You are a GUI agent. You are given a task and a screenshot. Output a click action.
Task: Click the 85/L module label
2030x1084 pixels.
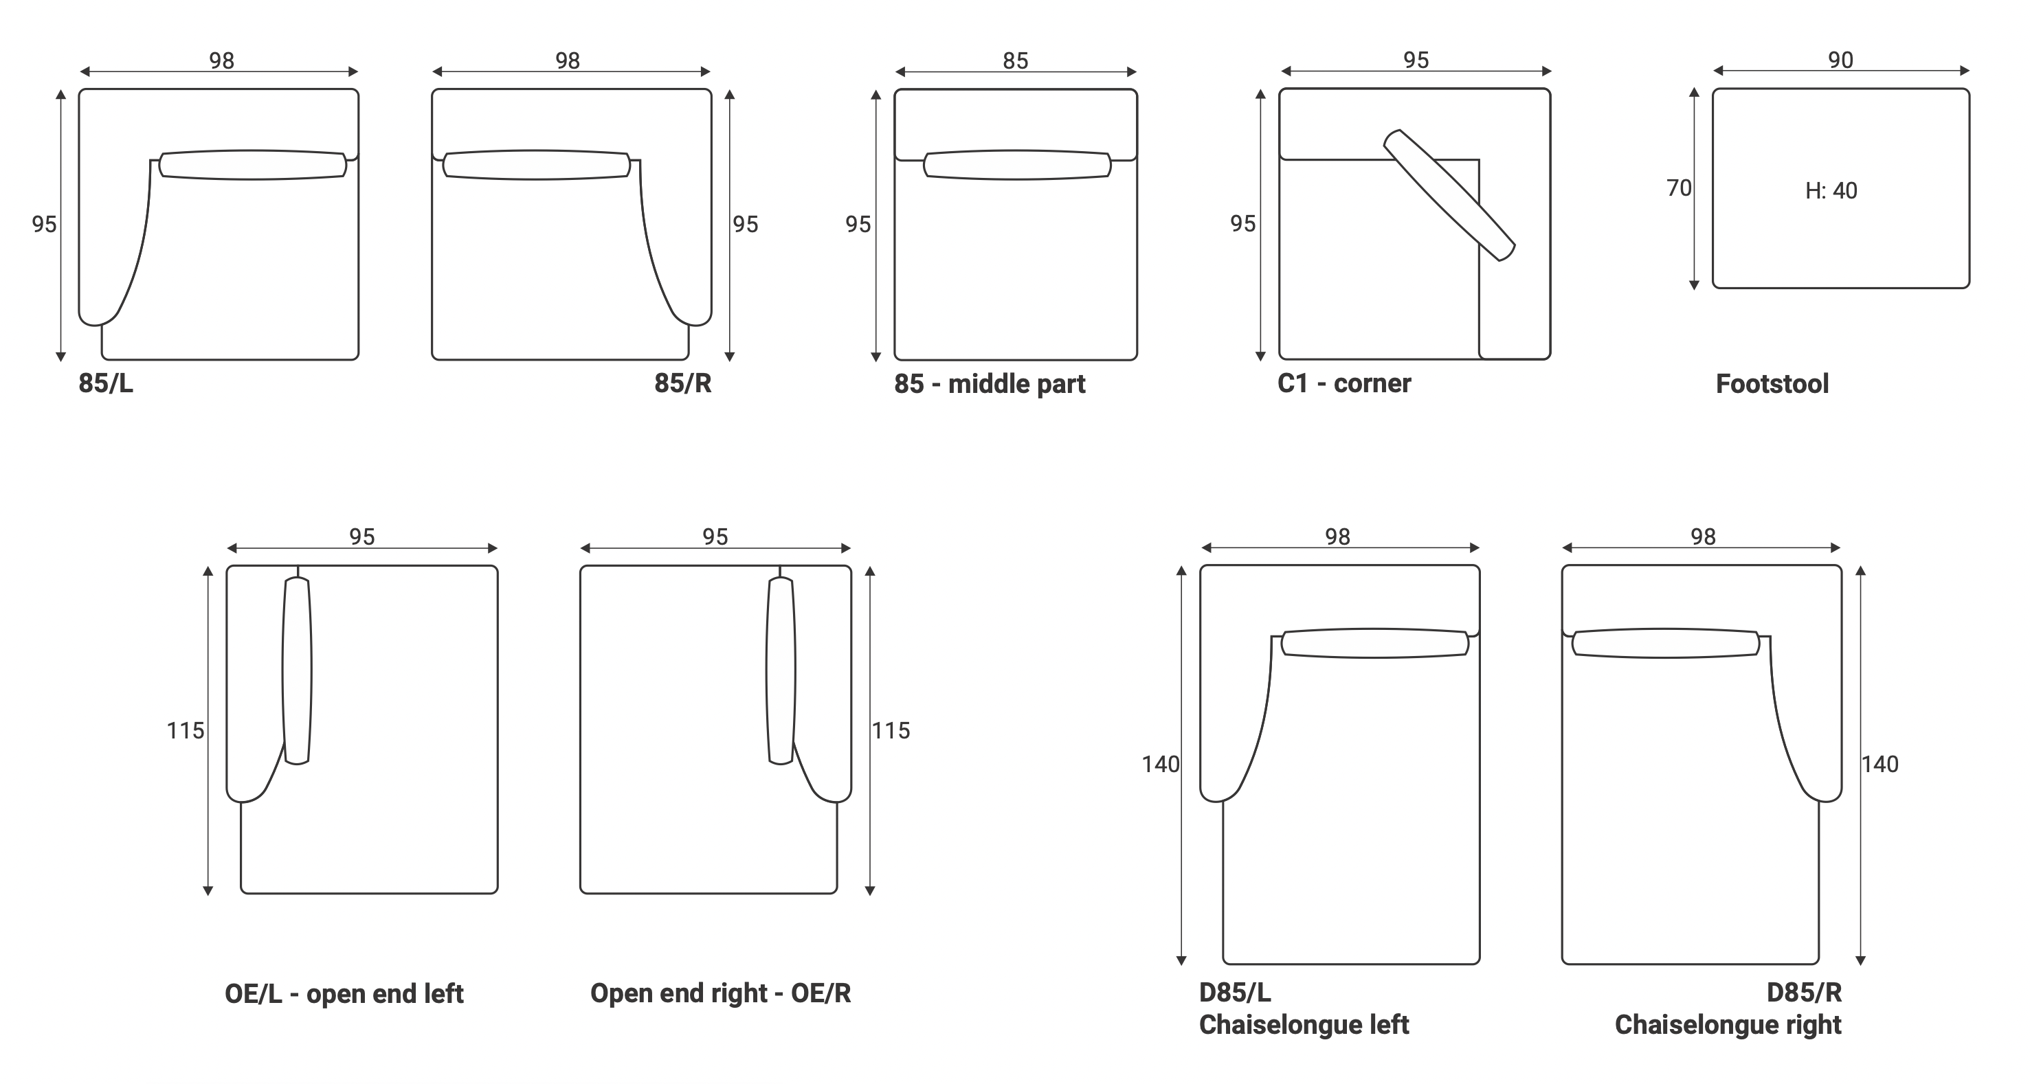(107, 383)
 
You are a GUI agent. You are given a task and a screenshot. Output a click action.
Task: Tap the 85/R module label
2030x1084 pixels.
(683, 383)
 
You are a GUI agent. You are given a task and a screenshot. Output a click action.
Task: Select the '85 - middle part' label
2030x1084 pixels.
(990, 385)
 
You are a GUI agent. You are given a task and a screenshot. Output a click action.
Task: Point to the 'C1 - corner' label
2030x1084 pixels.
(1344, 383)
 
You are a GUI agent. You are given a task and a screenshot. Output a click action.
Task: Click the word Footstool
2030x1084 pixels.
(1772, 385)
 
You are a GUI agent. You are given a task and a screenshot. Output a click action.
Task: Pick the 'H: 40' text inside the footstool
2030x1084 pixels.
(1831, 191)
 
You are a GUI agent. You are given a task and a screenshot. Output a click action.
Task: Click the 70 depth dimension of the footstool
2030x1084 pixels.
(1679, 188)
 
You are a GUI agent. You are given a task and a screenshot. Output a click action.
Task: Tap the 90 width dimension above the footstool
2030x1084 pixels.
(1841, 60)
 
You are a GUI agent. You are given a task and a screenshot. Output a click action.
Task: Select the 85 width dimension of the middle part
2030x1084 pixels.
(1016, 60)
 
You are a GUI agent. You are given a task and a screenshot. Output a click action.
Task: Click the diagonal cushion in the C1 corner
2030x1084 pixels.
(1449, 195)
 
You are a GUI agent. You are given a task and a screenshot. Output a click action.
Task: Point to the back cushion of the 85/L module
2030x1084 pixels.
(252, 166)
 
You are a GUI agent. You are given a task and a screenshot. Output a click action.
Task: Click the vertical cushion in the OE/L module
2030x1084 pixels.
(297, 670)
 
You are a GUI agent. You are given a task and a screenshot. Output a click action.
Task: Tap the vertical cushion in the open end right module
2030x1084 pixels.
(781, 670)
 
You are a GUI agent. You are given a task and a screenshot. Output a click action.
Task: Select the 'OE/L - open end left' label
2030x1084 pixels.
(344, 994)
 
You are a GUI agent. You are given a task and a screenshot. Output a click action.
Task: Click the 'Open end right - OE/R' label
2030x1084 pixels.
(721, 994)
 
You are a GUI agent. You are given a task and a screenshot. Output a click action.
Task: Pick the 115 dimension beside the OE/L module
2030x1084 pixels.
(185, 731)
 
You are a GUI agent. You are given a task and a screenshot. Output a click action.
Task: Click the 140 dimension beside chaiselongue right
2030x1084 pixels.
(1880, 764)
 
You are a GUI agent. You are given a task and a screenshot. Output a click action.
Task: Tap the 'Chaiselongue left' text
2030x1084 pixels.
(1304, 1025)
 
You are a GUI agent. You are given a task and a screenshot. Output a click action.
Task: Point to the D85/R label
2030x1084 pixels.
(1805, 993)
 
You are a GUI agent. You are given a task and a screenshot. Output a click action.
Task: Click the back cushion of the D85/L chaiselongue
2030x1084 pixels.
(1375, 643)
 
